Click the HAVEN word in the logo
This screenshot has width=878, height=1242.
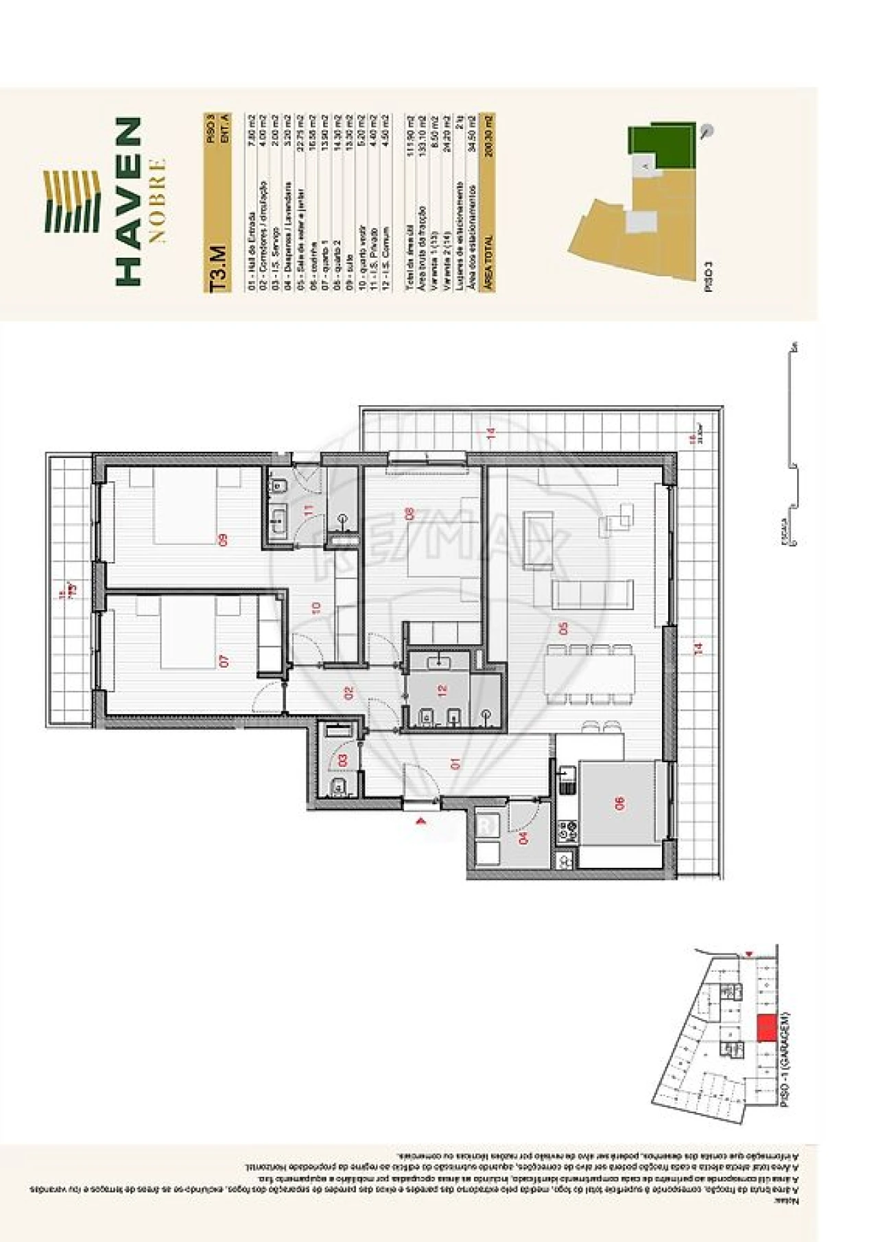[x=128, y=201]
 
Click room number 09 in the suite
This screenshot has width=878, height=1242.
[x=223, y=540]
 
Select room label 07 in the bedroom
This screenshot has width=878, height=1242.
[x=224, y=661]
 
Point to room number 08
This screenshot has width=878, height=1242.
[x=410, y=514]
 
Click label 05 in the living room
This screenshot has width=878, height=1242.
[x=564, y=628]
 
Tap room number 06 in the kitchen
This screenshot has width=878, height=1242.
[x=620, y=803]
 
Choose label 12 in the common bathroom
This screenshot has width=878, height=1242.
[x=442, y=691]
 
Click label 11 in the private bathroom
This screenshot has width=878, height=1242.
[x=309, y=511]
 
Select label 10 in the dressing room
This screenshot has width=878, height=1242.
[x=316, y=607]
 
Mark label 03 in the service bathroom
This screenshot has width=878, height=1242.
[x=343, y=760]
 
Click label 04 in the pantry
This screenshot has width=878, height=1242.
[x=525, y=838]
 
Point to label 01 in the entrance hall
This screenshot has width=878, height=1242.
[x=456, y=763]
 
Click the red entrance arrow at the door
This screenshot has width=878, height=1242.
[x=421, y=819]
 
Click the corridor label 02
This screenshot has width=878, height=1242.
[x=348, y=693]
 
